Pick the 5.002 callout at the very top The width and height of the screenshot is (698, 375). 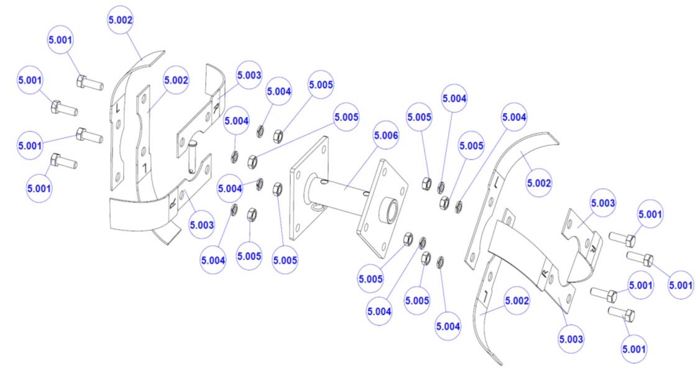pos(120,20)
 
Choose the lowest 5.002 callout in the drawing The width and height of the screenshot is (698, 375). pos(517,300)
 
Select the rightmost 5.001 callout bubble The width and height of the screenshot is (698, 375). pos(681,285)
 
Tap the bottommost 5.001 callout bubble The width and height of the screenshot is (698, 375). pos(634,350)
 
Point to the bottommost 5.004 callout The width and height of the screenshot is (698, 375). pos(449,326)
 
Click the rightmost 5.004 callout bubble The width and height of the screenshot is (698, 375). pos(514,117)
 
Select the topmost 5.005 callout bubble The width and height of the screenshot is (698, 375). pos(321,85)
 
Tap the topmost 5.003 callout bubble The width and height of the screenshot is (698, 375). pos(249,75)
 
